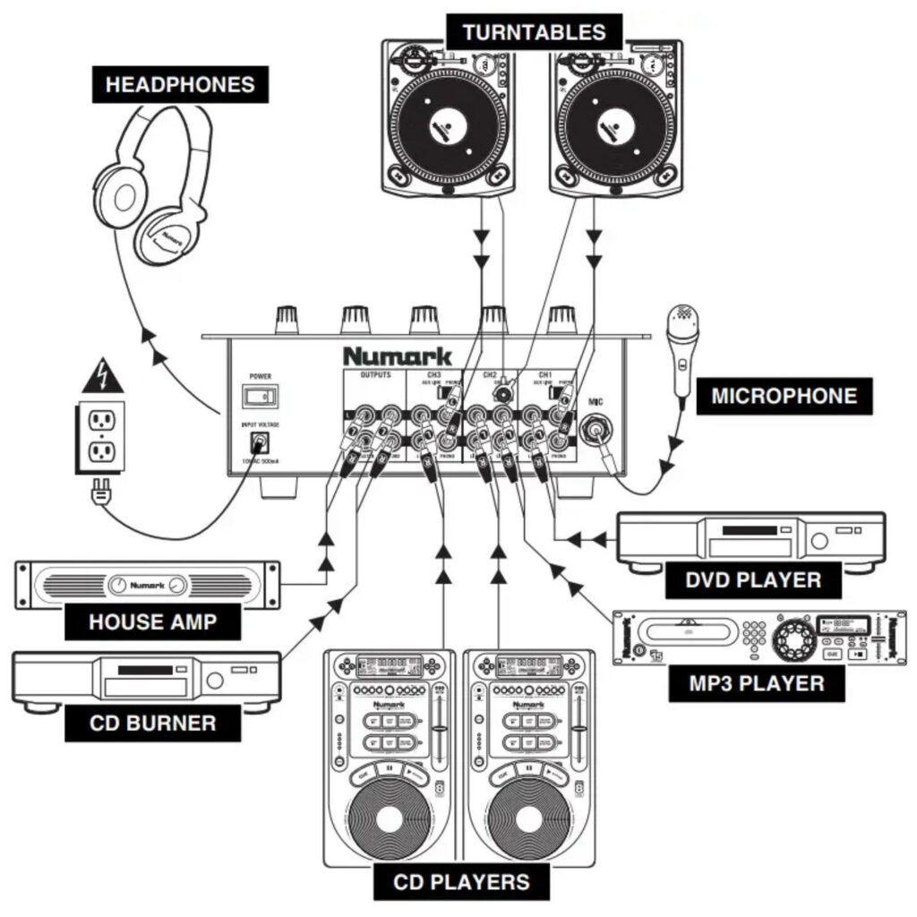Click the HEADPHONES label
coord(179,85)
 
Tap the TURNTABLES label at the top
coord(534,34)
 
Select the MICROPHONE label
coord(784,396)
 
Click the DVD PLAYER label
coord(753,579)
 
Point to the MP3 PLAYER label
coord(758,683)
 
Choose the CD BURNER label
coord(153,723)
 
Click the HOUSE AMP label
coord(153,621)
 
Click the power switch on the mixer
coord(261,395)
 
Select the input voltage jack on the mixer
coord(261,441)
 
